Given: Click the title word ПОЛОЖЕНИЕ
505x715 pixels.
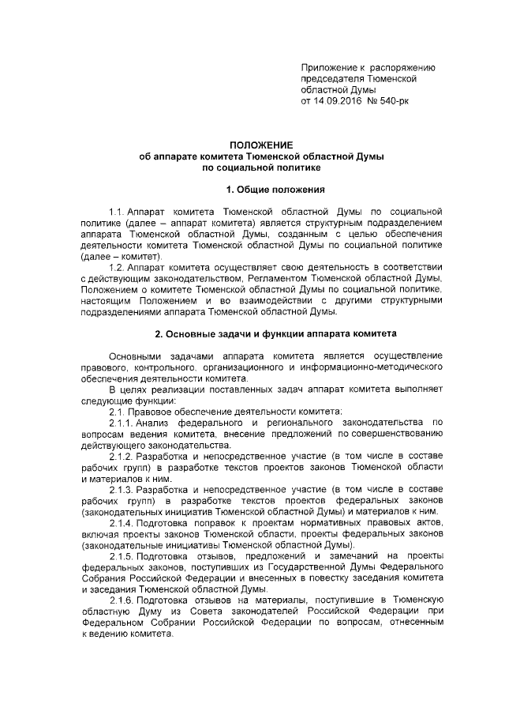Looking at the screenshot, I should pos(260,145).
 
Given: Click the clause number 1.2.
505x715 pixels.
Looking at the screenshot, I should pos(117,268).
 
